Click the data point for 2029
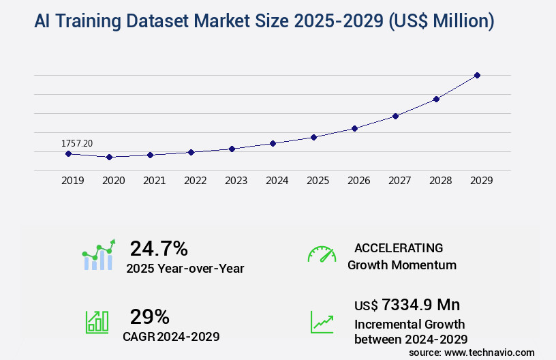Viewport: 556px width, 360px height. coord(477,75)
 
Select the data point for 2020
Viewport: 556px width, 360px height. coord(109,157)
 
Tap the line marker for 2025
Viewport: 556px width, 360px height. coord(313,137)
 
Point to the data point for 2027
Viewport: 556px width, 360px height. coord(395,116)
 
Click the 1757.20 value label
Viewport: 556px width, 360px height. coord(77,143)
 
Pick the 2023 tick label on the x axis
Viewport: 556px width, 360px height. coord(236,181)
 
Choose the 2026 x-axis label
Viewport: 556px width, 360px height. coord(358,181)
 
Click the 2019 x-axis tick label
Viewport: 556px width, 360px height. coord(72,181)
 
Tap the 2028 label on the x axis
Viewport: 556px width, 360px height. coord(440,181)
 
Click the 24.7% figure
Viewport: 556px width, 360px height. coord(159,248)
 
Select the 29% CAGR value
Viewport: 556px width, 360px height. coord(150,316)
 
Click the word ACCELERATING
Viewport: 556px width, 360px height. coord(399,247)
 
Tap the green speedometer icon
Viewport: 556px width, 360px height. coord(322,254)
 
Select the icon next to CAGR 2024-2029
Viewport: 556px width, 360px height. coord(97,322)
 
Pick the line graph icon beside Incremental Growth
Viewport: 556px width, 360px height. coord(322,322)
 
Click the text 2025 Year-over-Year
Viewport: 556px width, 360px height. coord(185,269)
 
